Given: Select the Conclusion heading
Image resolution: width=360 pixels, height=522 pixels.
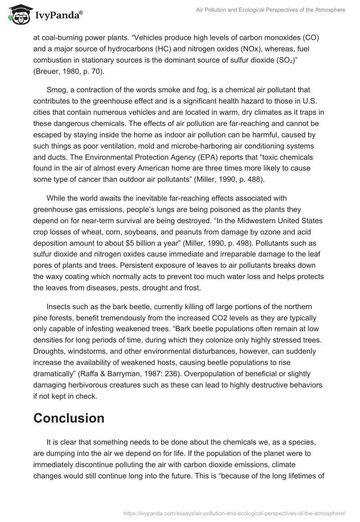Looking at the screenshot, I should (x=69, y=418).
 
